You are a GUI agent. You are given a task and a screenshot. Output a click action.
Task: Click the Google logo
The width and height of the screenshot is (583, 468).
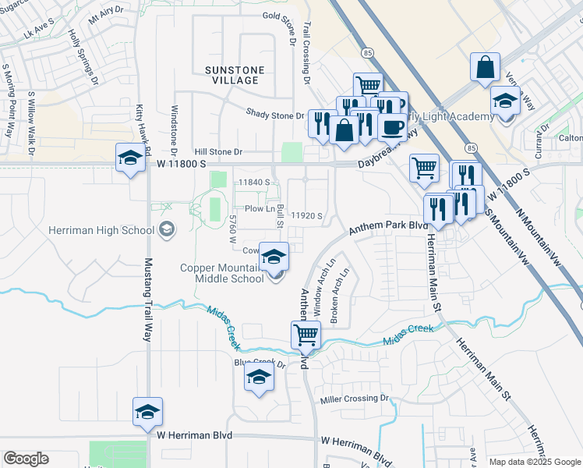click(26, 459)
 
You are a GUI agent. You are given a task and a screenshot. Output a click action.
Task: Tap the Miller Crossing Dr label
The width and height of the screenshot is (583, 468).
click(354, 399)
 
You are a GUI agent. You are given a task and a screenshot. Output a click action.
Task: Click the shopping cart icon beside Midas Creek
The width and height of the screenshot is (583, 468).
click(306, 335)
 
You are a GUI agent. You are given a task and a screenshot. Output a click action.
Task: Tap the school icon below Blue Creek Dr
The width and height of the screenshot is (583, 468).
click(259, 378)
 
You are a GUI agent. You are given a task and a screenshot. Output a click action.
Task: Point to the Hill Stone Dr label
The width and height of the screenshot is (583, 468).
click(219, 152)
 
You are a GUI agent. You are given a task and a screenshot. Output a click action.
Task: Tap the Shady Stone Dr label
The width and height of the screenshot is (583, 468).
click(274, 114)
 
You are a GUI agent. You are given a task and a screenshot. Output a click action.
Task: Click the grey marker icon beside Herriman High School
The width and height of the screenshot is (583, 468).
click(166, 229)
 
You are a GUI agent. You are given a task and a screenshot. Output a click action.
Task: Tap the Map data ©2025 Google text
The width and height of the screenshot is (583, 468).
click(534, 461)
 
